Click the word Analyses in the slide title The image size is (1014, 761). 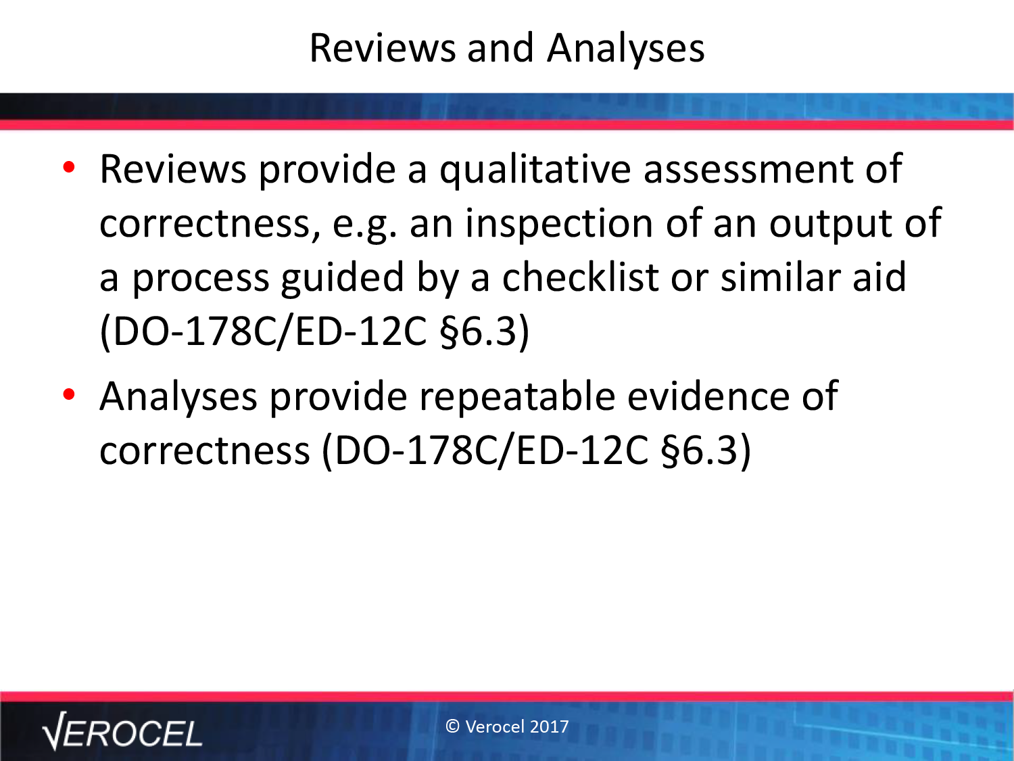click(x=625, y=49)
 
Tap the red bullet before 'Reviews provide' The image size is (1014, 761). click(x=69, y=167)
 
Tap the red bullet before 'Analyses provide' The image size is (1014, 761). click(x=69, y=394)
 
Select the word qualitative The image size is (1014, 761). click(x=535, y=170)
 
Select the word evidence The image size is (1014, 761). click(x=708, y=396)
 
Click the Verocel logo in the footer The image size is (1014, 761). click(x=122, y=732)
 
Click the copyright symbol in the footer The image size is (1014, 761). click(x=452, y=727)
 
